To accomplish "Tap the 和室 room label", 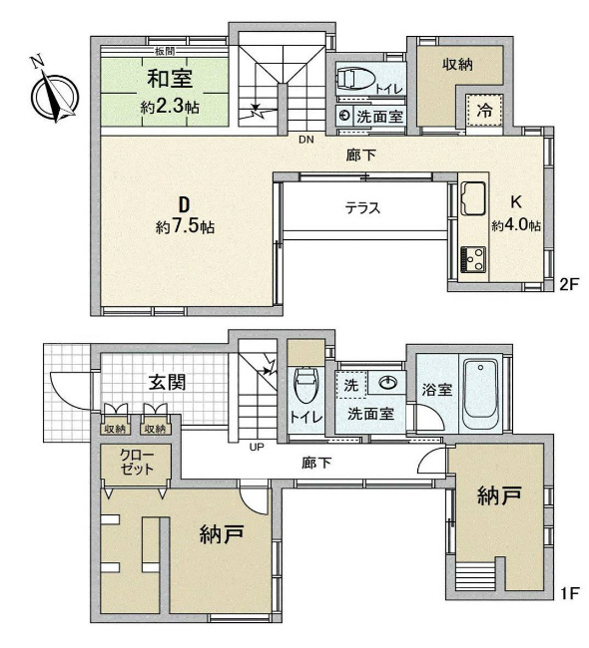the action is click(x=170, y=79).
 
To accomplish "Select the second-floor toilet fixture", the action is click(x=355, y=78).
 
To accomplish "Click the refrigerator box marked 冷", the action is click(x=484, y=110).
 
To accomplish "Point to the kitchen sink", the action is click(x=473, y=198).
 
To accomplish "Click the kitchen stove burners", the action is click(x=473, y=259).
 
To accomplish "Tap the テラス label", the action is click(x=362, y=207).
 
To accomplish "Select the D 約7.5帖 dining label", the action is click(x=185, y=215).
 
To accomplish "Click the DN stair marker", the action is click(x=306, y=140).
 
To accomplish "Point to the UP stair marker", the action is click(x=257, y=447).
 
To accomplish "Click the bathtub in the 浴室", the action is click(x=480, y=394).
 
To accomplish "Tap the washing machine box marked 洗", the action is click(x=350, y=385).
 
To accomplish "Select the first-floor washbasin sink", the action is click(x=387, y=383).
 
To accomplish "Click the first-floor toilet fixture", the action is click(x=305, y=385).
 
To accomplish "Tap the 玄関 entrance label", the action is click(x=167, y=382).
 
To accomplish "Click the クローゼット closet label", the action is click(x=137, y=462).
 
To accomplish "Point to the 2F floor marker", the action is click(x=569, y=285).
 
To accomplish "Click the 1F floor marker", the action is click(x=569, y=593).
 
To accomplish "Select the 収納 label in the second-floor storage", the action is click(x=457, y=64).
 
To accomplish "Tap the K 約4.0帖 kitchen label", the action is click(x=516, y=213).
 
